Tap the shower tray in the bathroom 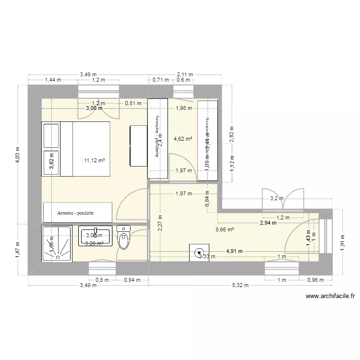57,243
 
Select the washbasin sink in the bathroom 97,236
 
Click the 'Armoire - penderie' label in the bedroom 77,212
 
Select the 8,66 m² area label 225,230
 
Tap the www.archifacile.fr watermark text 329,298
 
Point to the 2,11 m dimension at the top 185,74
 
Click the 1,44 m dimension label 53,80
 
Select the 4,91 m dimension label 234,251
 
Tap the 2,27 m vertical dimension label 160,223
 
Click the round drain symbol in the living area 199,251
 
